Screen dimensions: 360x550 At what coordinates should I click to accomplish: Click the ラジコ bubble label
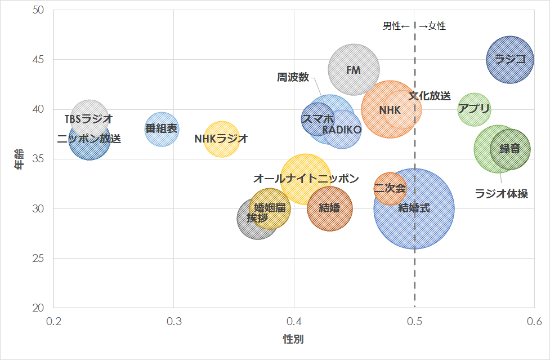pyautogui.click(x=510, y=59)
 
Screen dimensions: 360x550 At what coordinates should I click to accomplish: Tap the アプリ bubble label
pyautogui.click(x=474, y=109)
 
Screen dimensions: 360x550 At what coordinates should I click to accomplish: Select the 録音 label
pyautogui.click(x=509, y=149)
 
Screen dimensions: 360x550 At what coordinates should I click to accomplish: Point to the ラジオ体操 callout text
pyautogui.click(x=501, y=194)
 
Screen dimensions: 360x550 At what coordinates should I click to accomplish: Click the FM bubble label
pyautogui.click(x=353, y=70)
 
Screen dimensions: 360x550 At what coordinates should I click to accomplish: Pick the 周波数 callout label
pyautogui.click(x=293, y=77)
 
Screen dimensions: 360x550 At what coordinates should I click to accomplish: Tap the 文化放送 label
pyautogui.click(x=430, y=96)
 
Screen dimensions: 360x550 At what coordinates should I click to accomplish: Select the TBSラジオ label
pyautogui.click(x=89, y=119)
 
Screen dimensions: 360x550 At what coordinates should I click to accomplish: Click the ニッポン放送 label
pyautogui.click(x=89, y=139)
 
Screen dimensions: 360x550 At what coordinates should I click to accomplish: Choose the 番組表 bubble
pyautogui.click(x=162, y=129)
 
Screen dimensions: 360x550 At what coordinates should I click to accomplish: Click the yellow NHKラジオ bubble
pyautogui.click(x=221, y=139)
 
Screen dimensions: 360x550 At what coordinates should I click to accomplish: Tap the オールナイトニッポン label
pyautogui.click(x=306, y=179)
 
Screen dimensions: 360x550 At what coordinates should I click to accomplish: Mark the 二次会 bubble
pyautogui.click(x=390, y=188)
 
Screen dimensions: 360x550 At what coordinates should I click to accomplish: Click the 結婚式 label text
pyautogui.click(x=414, y=208)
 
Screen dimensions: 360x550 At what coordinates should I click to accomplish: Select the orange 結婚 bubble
pyautogui.click(x=329, y=208)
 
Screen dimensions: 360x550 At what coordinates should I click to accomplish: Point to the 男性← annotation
pyautogui.click(x=396, y=26)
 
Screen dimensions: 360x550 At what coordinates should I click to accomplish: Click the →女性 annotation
pyautogui.click(x=432, y=26)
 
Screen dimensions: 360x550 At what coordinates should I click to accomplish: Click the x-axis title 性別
pyautogui.click(x=293, y=339)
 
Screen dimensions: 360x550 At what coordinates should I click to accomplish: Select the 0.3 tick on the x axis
pyautogui.click(x=173, y=321)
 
